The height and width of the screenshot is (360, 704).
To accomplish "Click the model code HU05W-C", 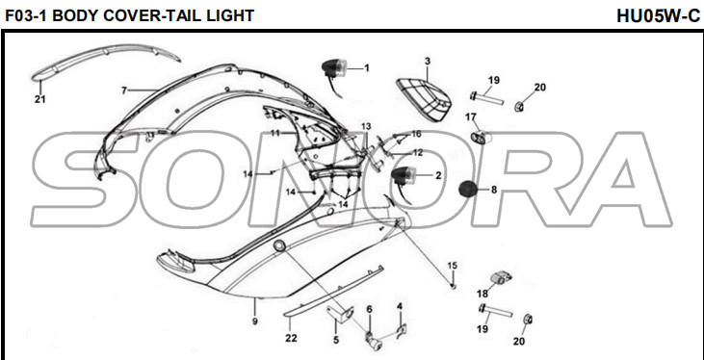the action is [x=658, y=16].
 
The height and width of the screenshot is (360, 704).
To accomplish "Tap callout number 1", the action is [x=366, y=68].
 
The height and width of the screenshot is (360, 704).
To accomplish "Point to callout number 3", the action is [x=427, y=61].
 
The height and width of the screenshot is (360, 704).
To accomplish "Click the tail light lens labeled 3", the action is [x=424, y=99].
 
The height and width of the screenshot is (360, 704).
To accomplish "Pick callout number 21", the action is [x=39, y=100].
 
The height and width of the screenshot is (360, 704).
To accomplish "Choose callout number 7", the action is [x=124, y=90].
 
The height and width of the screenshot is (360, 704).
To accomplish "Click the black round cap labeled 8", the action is [x=467, y=189].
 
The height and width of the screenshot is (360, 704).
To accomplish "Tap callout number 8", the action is [x=493, y=190].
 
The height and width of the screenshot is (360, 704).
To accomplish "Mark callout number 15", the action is [x=452, y=266].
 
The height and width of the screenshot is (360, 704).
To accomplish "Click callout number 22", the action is [x=291, y=338].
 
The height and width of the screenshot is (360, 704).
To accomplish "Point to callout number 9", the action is [x=254, y=321].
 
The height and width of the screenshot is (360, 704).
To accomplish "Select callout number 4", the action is [x=399, y=307].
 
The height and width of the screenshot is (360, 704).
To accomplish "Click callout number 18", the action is [x=482, y=294].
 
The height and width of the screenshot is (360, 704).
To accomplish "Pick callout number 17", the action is [x=470, y=117].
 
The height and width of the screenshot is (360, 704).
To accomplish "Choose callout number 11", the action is [x=274, y=134].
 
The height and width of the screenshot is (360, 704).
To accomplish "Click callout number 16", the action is [x=416, y=134].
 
